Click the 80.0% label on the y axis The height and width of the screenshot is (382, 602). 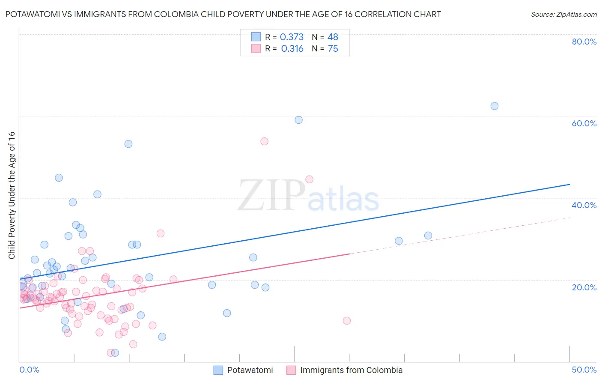[x=584, y=42]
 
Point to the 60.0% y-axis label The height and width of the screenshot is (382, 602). [x=584, y=123]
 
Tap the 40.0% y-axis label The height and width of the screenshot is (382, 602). [x=584, y=205]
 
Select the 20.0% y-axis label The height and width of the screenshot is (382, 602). [x=584, y=287]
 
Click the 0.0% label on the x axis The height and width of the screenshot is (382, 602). [x=29, y=370]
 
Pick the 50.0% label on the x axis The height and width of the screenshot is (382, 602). [x=584, y=370]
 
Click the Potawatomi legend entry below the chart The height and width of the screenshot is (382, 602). [x=250, y=370]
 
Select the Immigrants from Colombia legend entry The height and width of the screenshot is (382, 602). [x=351, y=370]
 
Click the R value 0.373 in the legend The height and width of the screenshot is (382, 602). [x=292, y=37]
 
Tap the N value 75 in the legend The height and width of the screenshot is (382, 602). [x=333, y=49]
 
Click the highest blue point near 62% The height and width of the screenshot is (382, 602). [x=494, y=106]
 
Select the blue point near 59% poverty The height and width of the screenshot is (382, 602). [x=298, y=120]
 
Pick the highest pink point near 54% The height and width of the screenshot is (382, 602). [x=264, y=141]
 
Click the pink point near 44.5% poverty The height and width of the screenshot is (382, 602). [x=309, y=179]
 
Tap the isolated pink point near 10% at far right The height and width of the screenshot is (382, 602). [x=347, y=321]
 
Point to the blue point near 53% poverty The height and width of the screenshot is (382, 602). [x=128, y=144]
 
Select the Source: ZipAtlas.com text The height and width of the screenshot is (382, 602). [x=563, y=15]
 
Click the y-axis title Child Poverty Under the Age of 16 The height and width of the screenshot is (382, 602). [x=12, y=195]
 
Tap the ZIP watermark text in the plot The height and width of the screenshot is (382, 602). [x=271, y=195]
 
